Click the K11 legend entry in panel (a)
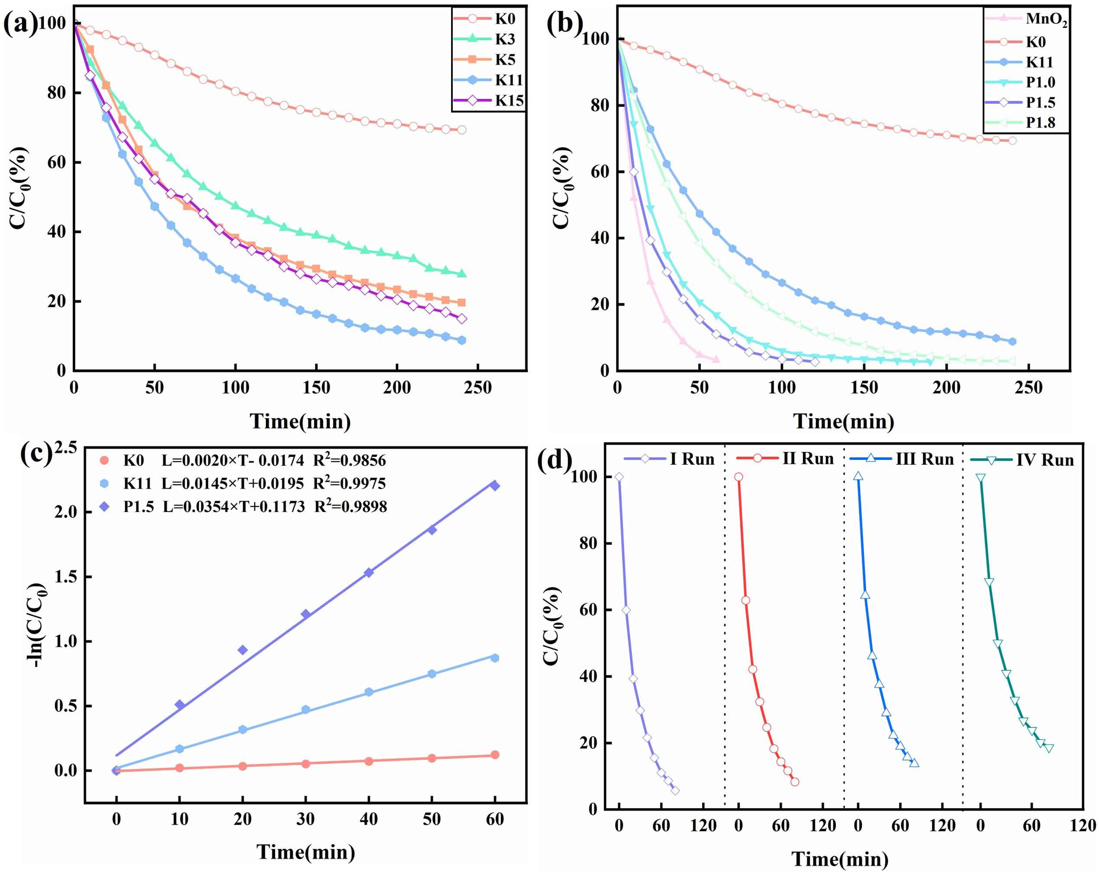point(509,81)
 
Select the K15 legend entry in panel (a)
point(509,101)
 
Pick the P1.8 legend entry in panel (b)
point(1040,123)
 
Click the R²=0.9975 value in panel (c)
point(349,483)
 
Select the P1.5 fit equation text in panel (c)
point(234,506)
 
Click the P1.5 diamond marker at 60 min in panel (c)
point(494,486)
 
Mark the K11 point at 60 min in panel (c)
point(494,658)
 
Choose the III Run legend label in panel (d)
point(924,459)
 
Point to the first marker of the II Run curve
point(739,477)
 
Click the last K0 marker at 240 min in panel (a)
point(462,130)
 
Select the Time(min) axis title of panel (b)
point(844,422)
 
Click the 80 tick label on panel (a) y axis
point(56,93)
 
